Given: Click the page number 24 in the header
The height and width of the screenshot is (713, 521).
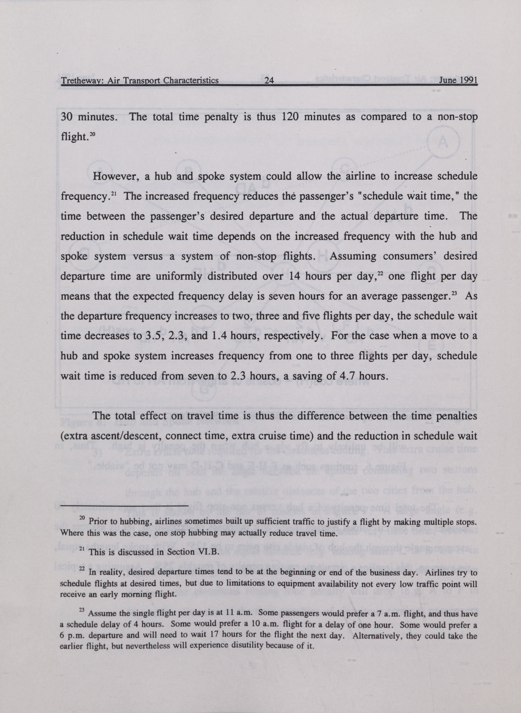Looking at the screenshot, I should click(269, 80).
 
